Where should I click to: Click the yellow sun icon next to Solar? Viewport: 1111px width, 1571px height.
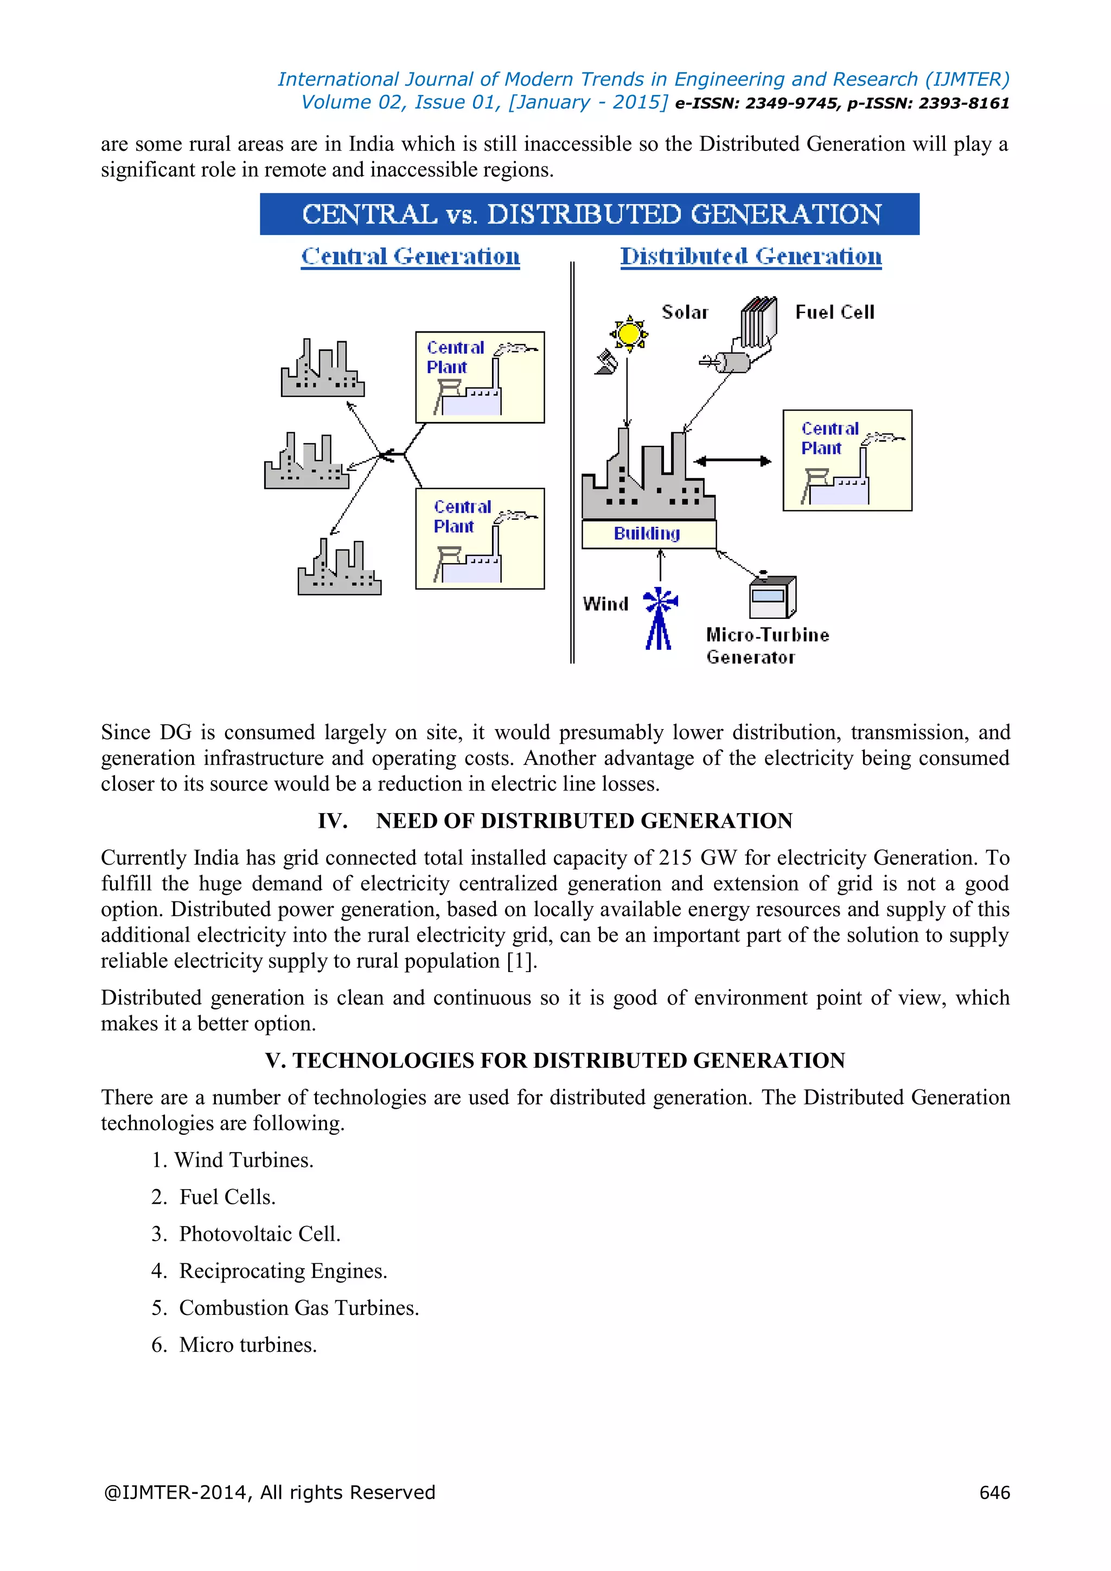[629, 334]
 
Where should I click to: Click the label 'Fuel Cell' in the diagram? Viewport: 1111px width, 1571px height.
[835, 312]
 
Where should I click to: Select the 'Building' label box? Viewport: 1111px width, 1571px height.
[648, 534]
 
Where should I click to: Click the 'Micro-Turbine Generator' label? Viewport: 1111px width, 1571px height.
[767, 645]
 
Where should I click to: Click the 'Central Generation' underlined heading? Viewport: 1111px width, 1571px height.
[411, 257]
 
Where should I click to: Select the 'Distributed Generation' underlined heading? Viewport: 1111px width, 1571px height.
[750, 257]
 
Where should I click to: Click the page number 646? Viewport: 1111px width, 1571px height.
[994, 1492]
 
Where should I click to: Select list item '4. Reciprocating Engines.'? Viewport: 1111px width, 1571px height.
[270, 1270]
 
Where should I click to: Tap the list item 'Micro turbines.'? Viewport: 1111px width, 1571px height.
[248, 1345]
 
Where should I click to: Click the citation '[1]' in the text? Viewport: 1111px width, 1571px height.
[519, 961]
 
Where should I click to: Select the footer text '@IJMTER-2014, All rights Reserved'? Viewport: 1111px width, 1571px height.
[270, 1492]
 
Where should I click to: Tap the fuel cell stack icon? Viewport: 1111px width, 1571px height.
[759, 322]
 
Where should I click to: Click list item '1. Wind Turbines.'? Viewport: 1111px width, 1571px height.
[233, 1160]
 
